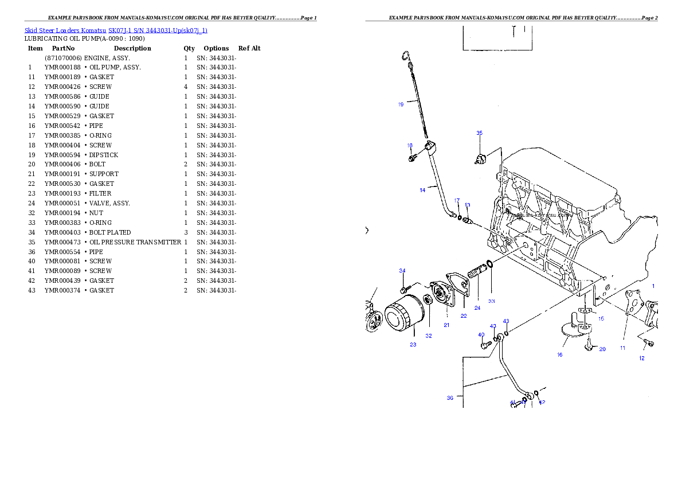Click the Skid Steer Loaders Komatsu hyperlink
tap(116, 30)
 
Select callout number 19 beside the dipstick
tap(401, 104)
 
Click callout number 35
tap(480, 133)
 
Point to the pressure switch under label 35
tap(481, 158)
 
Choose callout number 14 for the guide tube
tap(422, 190)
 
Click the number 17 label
tap(457, 201)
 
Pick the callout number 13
tap(468, 205)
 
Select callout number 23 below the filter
tap(413, 345)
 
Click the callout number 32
tap(429, 336)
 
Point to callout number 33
tap(491, 301)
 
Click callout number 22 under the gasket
tap(464, 315)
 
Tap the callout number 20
tap(602, 349)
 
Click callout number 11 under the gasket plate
tap(622, 348)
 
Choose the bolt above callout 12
tap(648, 343)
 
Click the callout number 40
tap(481, 334)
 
